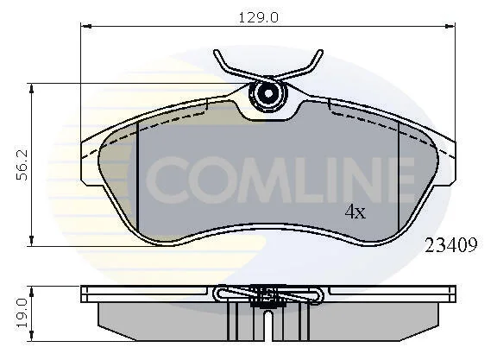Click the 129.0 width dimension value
(x=258, y=18)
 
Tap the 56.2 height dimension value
(x=22, y=165)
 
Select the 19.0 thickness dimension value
(x=24, y=313)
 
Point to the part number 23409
(x=451, y=245)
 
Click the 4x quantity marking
(x=355, y=212)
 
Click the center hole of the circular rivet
(x=268, y=93)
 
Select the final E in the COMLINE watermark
(x=400, y=180)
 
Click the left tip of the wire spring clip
(x=217, y=52)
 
